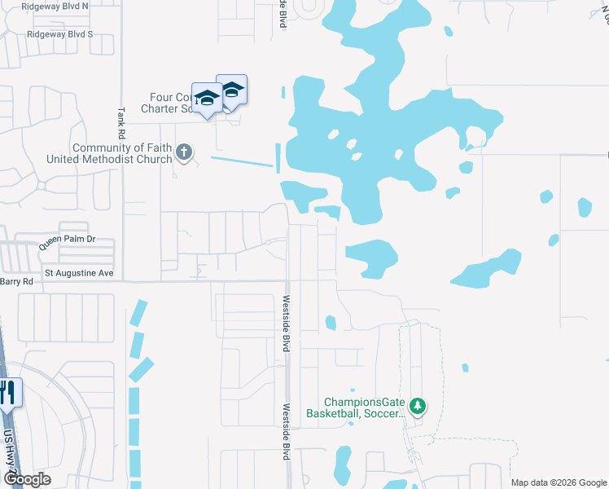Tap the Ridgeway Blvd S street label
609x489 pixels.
[59, 34]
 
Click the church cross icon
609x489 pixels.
[184, 152]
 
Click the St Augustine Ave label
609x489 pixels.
[79, 272]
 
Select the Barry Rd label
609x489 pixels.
[16, 281]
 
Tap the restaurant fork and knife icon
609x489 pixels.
[7, 393]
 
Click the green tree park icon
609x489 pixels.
[418, 405]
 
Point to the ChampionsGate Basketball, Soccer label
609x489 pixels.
[355, 407]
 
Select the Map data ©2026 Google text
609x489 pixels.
[558, 482]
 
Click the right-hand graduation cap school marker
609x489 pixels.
[232, 91]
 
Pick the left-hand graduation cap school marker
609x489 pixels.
[208, 98]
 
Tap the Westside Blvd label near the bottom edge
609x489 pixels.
[287, 432]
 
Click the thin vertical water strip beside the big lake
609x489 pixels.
[278, 158]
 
